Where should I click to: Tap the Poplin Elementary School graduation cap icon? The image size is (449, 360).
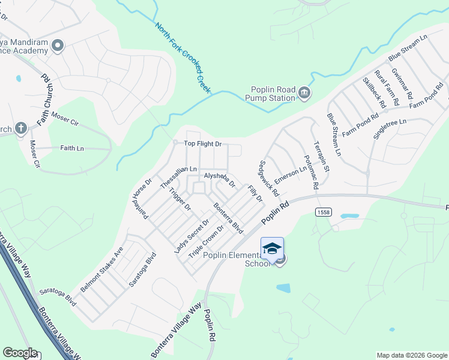click(x=271, y=249)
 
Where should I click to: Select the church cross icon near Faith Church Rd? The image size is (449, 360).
click(x=20, y=128)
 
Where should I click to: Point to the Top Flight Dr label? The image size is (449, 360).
click(x=202, y=144)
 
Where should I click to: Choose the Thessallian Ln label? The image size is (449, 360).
click(x=179, y=178)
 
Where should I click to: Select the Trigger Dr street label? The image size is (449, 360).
click(x=179, y=200)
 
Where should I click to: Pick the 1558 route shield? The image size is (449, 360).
click(x=323, y=212)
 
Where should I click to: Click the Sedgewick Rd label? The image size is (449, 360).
click(x=269, y=179)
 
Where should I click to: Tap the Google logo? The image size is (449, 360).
click(x=20, y=353)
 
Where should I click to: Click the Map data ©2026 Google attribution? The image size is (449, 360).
click(x=411, y=355)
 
